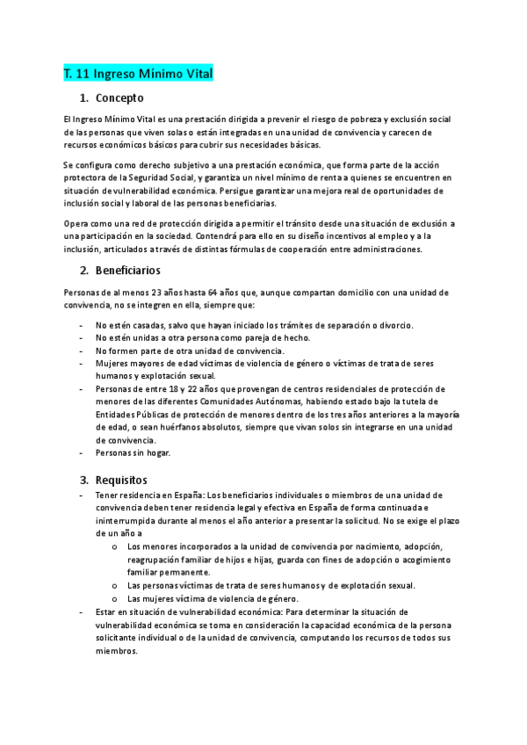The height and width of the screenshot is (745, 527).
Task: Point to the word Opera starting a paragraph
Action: click(x=76, y=224)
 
